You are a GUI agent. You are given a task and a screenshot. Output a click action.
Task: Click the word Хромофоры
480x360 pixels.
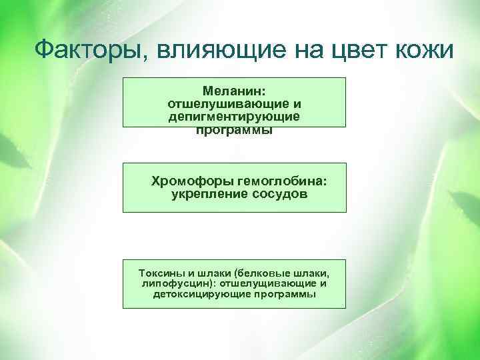click(x=191, y=181)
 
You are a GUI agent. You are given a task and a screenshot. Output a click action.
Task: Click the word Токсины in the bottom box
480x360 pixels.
click(x=158, y=273)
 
